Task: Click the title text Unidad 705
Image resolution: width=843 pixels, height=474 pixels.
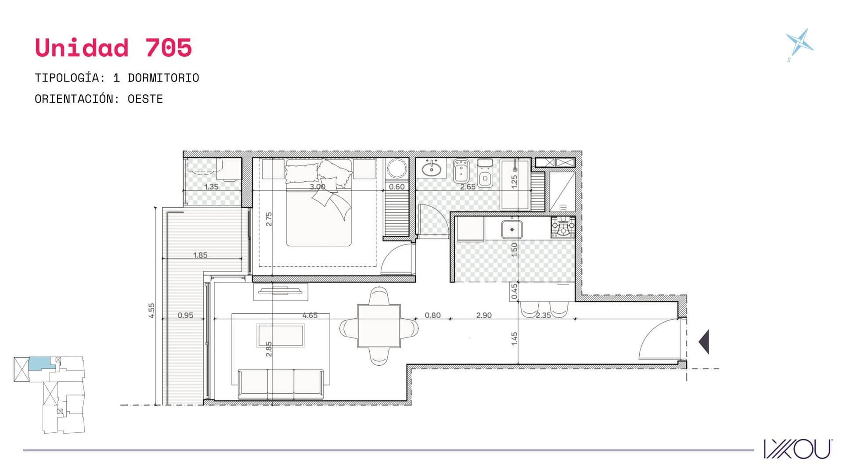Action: tap(113, 47)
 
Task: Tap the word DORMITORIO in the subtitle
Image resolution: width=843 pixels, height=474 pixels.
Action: tap(163, 78)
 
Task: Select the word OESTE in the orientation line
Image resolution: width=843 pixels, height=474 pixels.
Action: tap(145, 99)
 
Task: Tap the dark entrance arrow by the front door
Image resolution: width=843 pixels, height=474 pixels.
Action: tap(704, 341)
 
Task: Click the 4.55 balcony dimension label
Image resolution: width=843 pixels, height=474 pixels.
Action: tap(151, 310)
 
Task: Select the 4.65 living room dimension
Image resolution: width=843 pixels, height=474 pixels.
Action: tap(310, 315)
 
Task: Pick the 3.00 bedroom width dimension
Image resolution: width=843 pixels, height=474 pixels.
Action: tap(317, 187)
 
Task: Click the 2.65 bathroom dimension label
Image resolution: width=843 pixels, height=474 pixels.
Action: tap(468, 187)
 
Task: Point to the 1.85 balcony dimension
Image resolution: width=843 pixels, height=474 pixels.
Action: tap(200, 255)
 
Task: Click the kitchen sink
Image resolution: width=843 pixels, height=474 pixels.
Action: tap(512, 230)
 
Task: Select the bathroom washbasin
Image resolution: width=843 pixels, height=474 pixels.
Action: tap(432, 169)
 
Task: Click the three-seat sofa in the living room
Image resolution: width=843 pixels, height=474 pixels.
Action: tap(281, 384)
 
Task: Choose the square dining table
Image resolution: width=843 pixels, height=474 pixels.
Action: tap(379, 326)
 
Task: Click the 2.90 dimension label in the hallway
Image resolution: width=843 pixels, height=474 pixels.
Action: tap(484, 315)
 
